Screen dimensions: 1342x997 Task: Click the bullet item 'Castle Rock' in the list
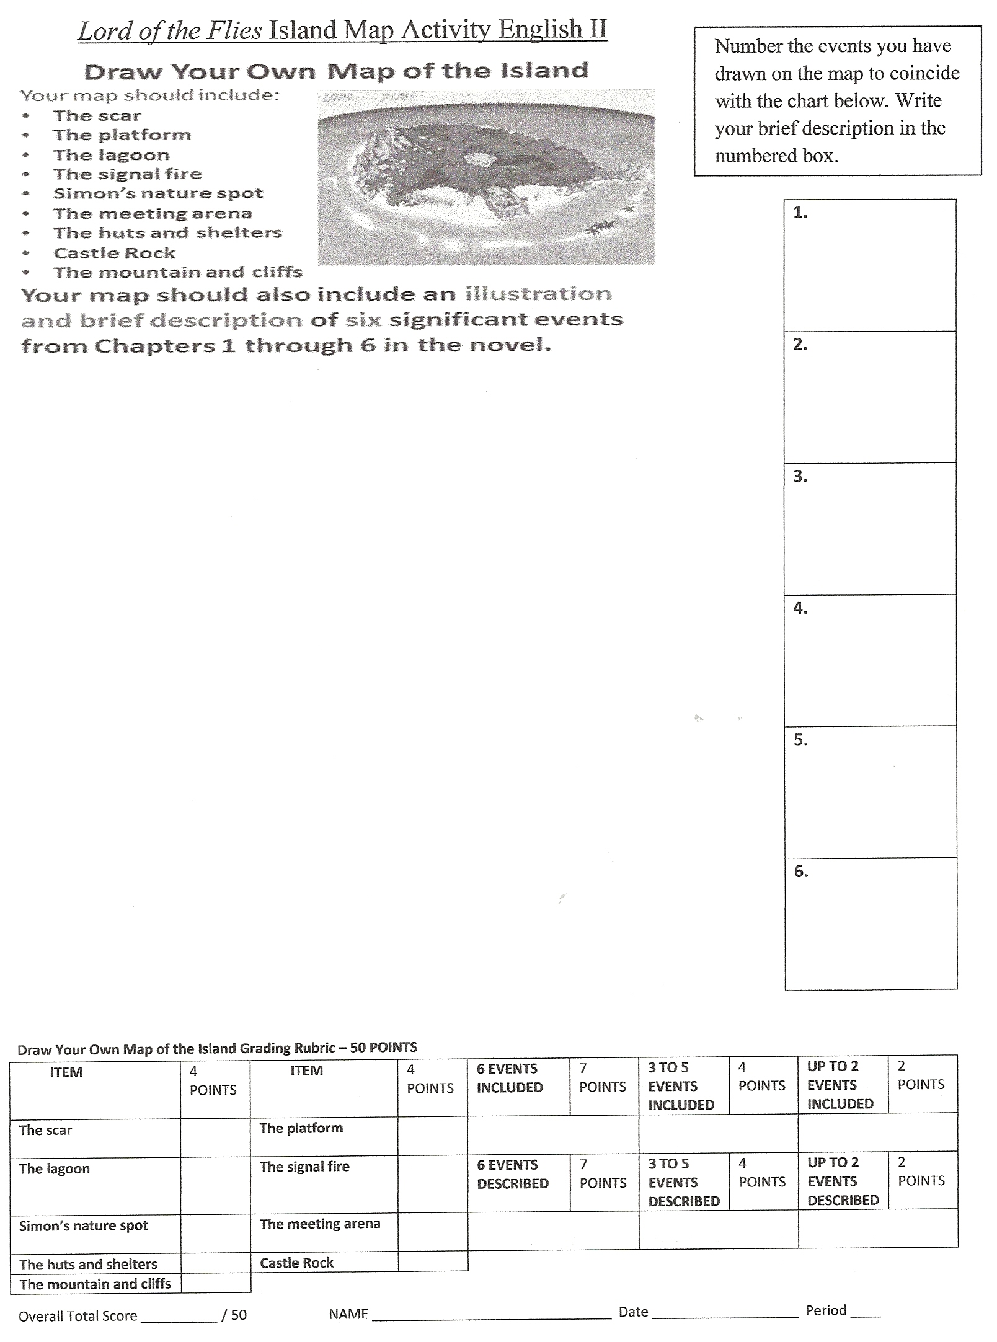point(114,253)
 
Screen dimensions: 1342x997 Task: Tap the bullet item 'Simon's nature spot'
point(158,193)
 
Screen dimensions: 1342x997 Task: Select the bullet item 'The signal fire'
point(127,174)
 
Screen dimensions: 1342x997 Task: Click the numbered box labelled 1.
point(869,265)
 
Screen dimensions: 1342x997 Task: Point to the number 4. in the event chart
point(800,609)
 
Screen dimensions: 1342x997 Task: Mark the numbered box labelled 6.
point(871,924)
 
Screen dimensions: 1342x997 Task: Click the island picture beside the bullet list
point(486,178)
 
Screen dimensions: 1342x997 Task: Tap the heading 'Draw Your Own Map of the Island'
point(336,72)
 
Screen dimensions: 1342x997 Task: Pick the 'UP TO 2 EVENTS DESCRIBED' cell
point(843,1181)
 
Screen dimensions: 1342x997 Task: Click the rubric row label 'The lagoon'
point(55,1169)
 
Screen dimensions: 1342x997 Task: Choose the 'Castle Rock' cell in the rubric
point(296,1263)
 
